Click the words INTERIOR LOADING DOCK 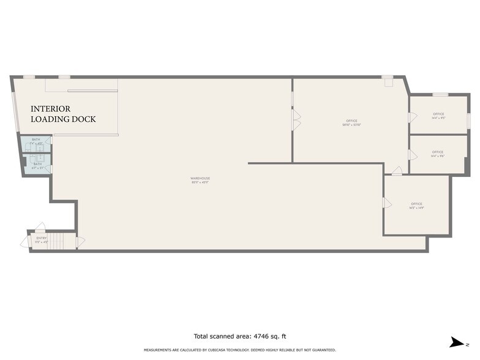coord(63,114)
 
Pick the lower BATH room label coord(37,165)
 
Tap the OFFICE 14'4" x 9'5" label coord(438,115)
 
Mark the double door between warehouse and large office coord(296,120)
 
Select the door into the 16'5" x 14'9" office coord(387,203)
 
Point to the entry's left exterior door coord(25,242)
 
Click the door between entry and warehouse coord(80,242)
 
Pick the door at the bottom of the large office coord(397,171)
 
